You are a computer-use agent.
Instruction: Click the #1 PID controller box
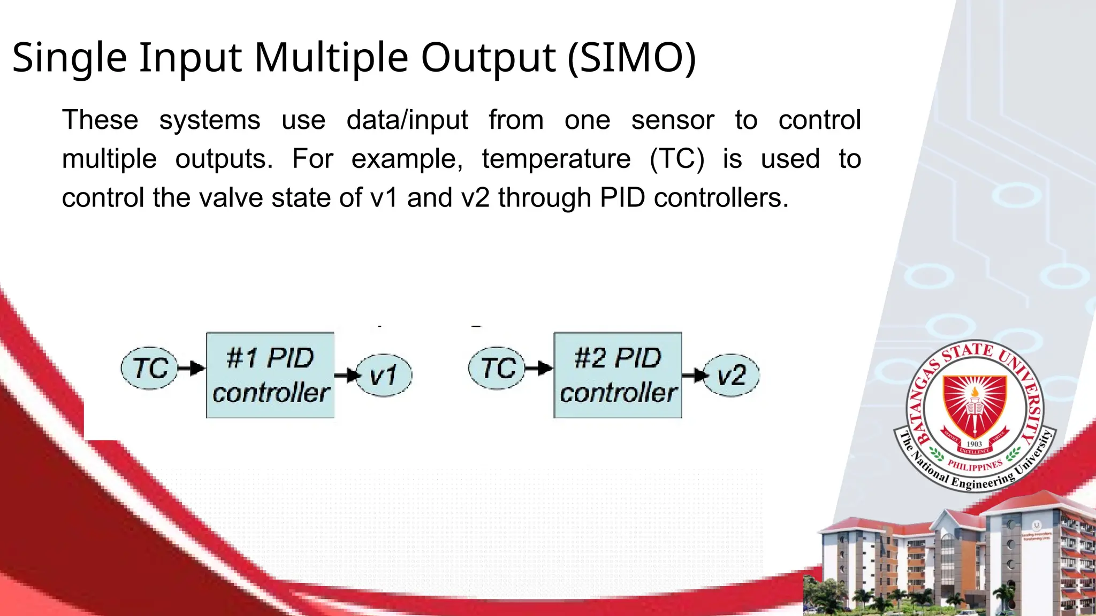(270, 375)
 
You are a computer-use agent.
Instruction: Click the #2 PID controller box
(618, 375)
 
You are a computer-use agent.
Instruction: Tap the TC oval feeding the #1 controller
(149, 368)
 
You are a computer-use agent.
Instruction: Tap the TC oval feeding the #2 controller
(497, 368)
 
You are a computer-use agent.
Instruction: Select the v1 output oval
(384, 375)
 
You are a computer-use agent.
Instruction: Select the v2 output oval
(731, 375)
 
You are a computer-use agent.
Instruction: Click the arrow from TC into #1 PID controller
(192, 368)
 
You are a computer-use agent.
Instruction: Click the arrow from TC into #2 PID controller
(539, 368)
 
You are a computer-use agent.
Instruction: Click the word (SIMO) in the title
(631, 57)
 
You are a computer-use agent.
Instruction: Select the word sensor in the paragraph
(672, 120)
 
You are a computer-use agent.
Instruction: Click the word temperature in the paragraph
(556, 159)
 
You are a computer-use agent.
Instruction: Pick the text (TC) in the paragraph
(677, 159)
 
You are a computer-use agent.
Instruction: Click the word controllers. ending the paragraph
(721, 198)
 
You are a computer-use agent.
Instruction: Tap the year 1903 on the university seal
(974, 444)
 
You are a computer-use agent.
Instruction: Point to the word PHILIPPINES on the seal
(975, 466)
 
